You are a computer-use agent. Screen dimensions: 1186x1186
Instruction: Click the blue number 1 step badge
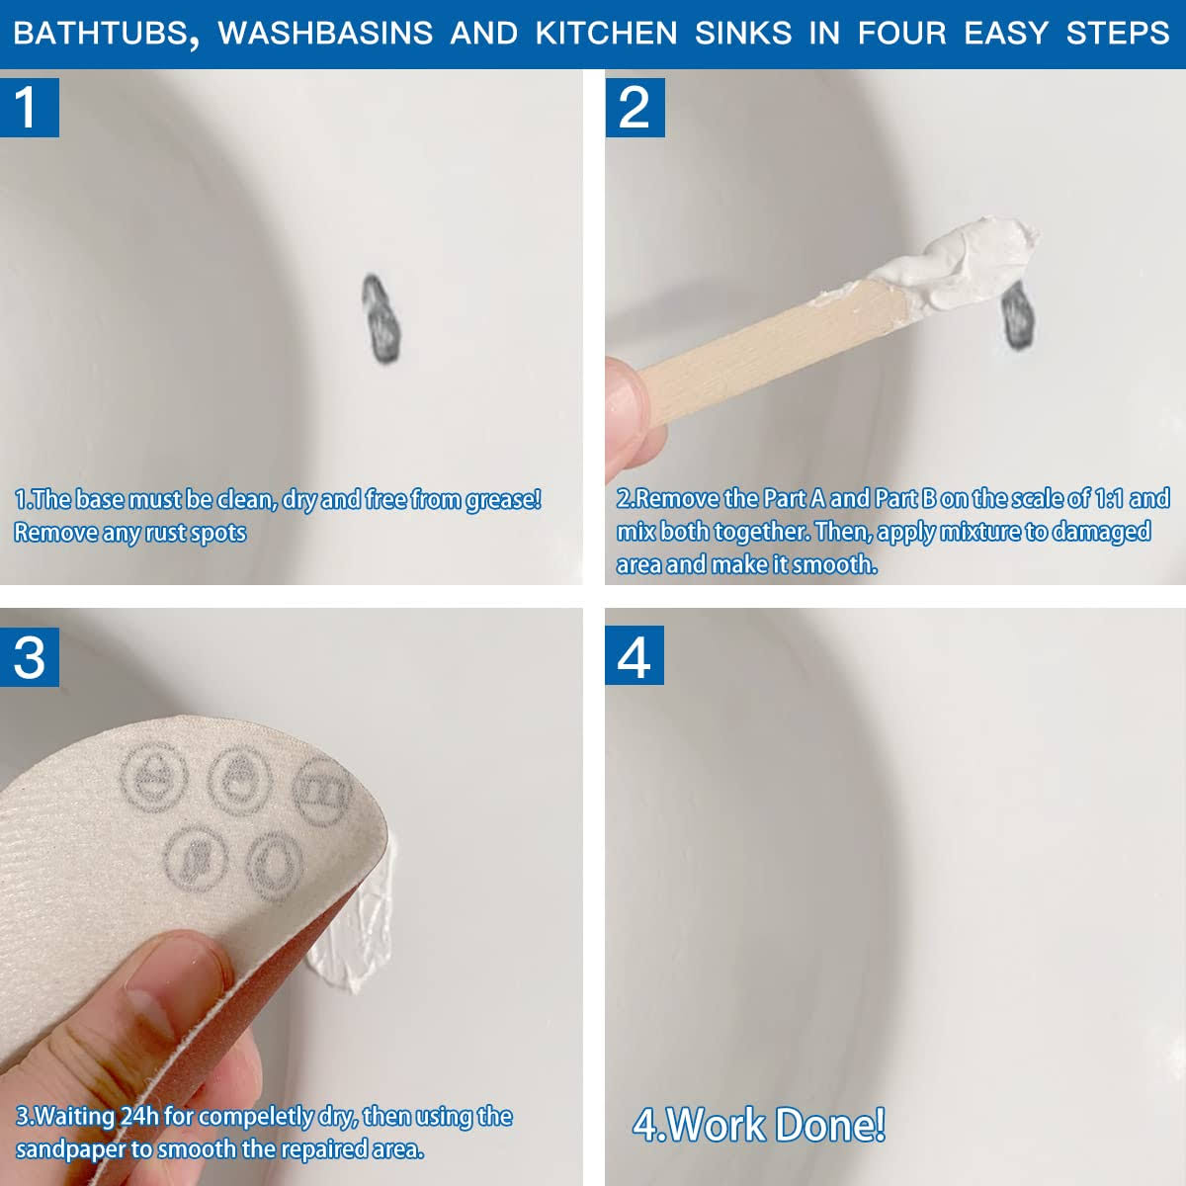click(x=30, y=107)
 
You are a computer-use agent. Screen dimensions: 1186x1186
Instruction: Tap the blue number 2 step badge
click(x=635, y=107)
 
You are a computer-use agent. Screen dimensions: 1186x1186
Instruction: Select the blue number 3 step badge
click(x=30, y=656)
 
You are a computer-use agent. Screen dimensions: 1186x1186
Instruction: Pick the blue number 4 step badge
click(x=635, y=655)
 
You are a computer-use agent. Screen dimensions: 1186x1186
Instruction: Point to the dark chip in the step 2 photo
click(x=1018, y=315)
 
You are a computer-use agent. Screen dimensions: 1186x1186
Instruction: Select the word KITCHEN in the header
click(x=606, y=33)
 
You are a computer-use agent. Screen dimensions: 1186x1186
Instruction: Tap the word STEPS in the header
click(x=1118, y=33)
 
